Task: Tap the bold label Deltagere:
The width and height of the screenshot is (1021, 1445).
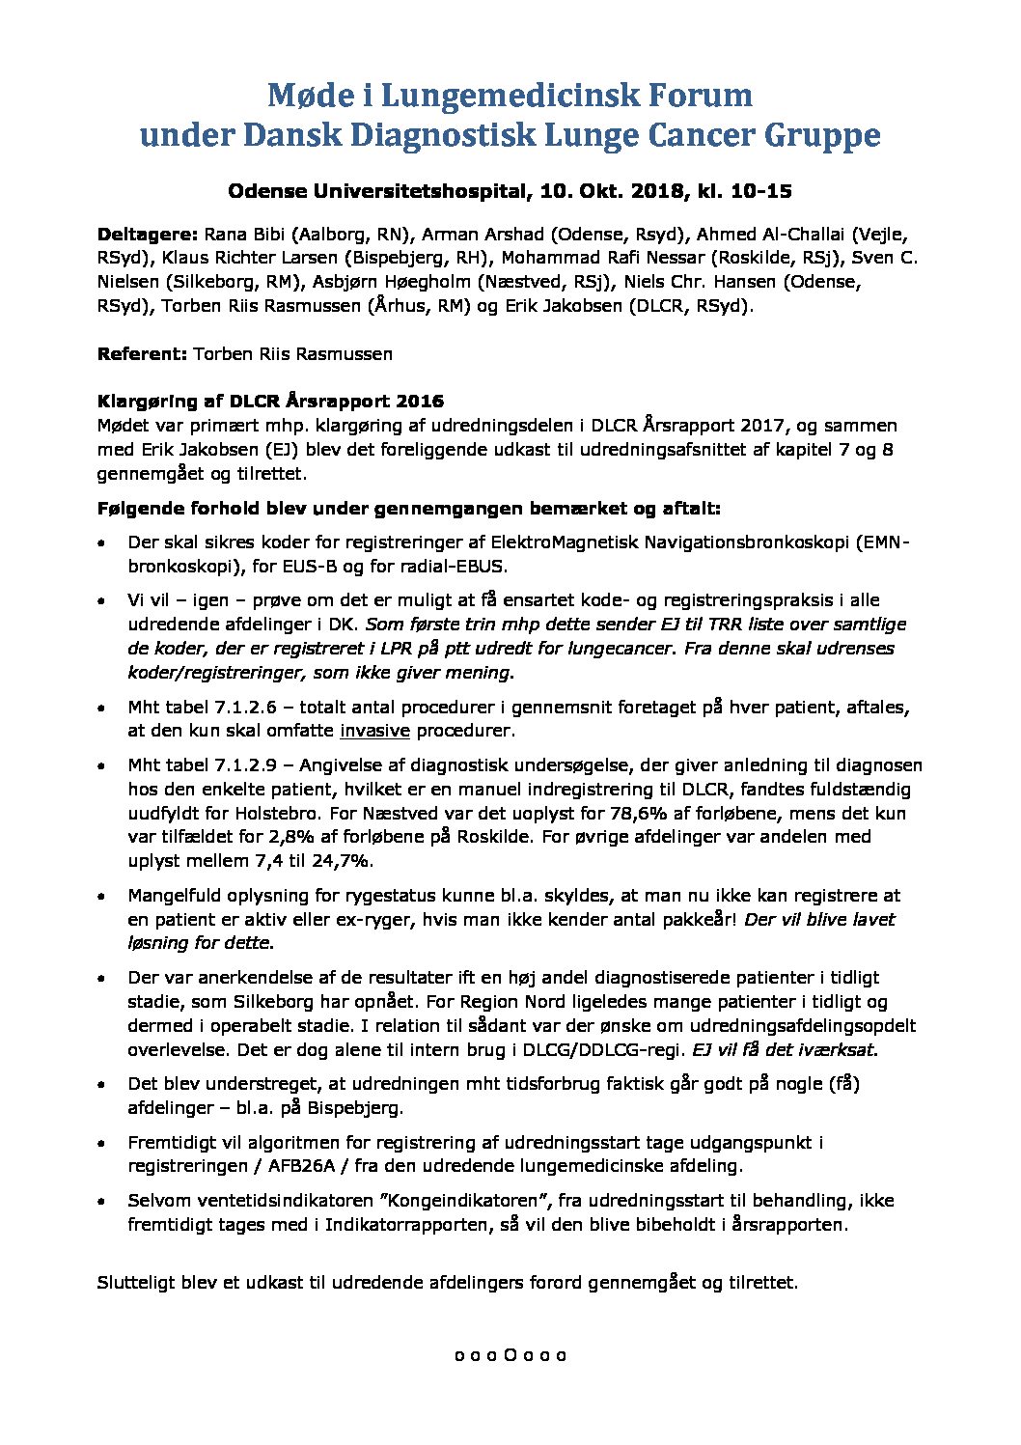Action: click(147, 235)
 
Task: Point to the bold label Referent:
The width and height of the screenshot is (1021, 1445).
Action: click(142, 354)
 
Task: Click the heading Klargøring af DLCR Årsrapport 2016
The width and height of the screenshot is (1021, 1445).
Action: click(270, 402)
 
